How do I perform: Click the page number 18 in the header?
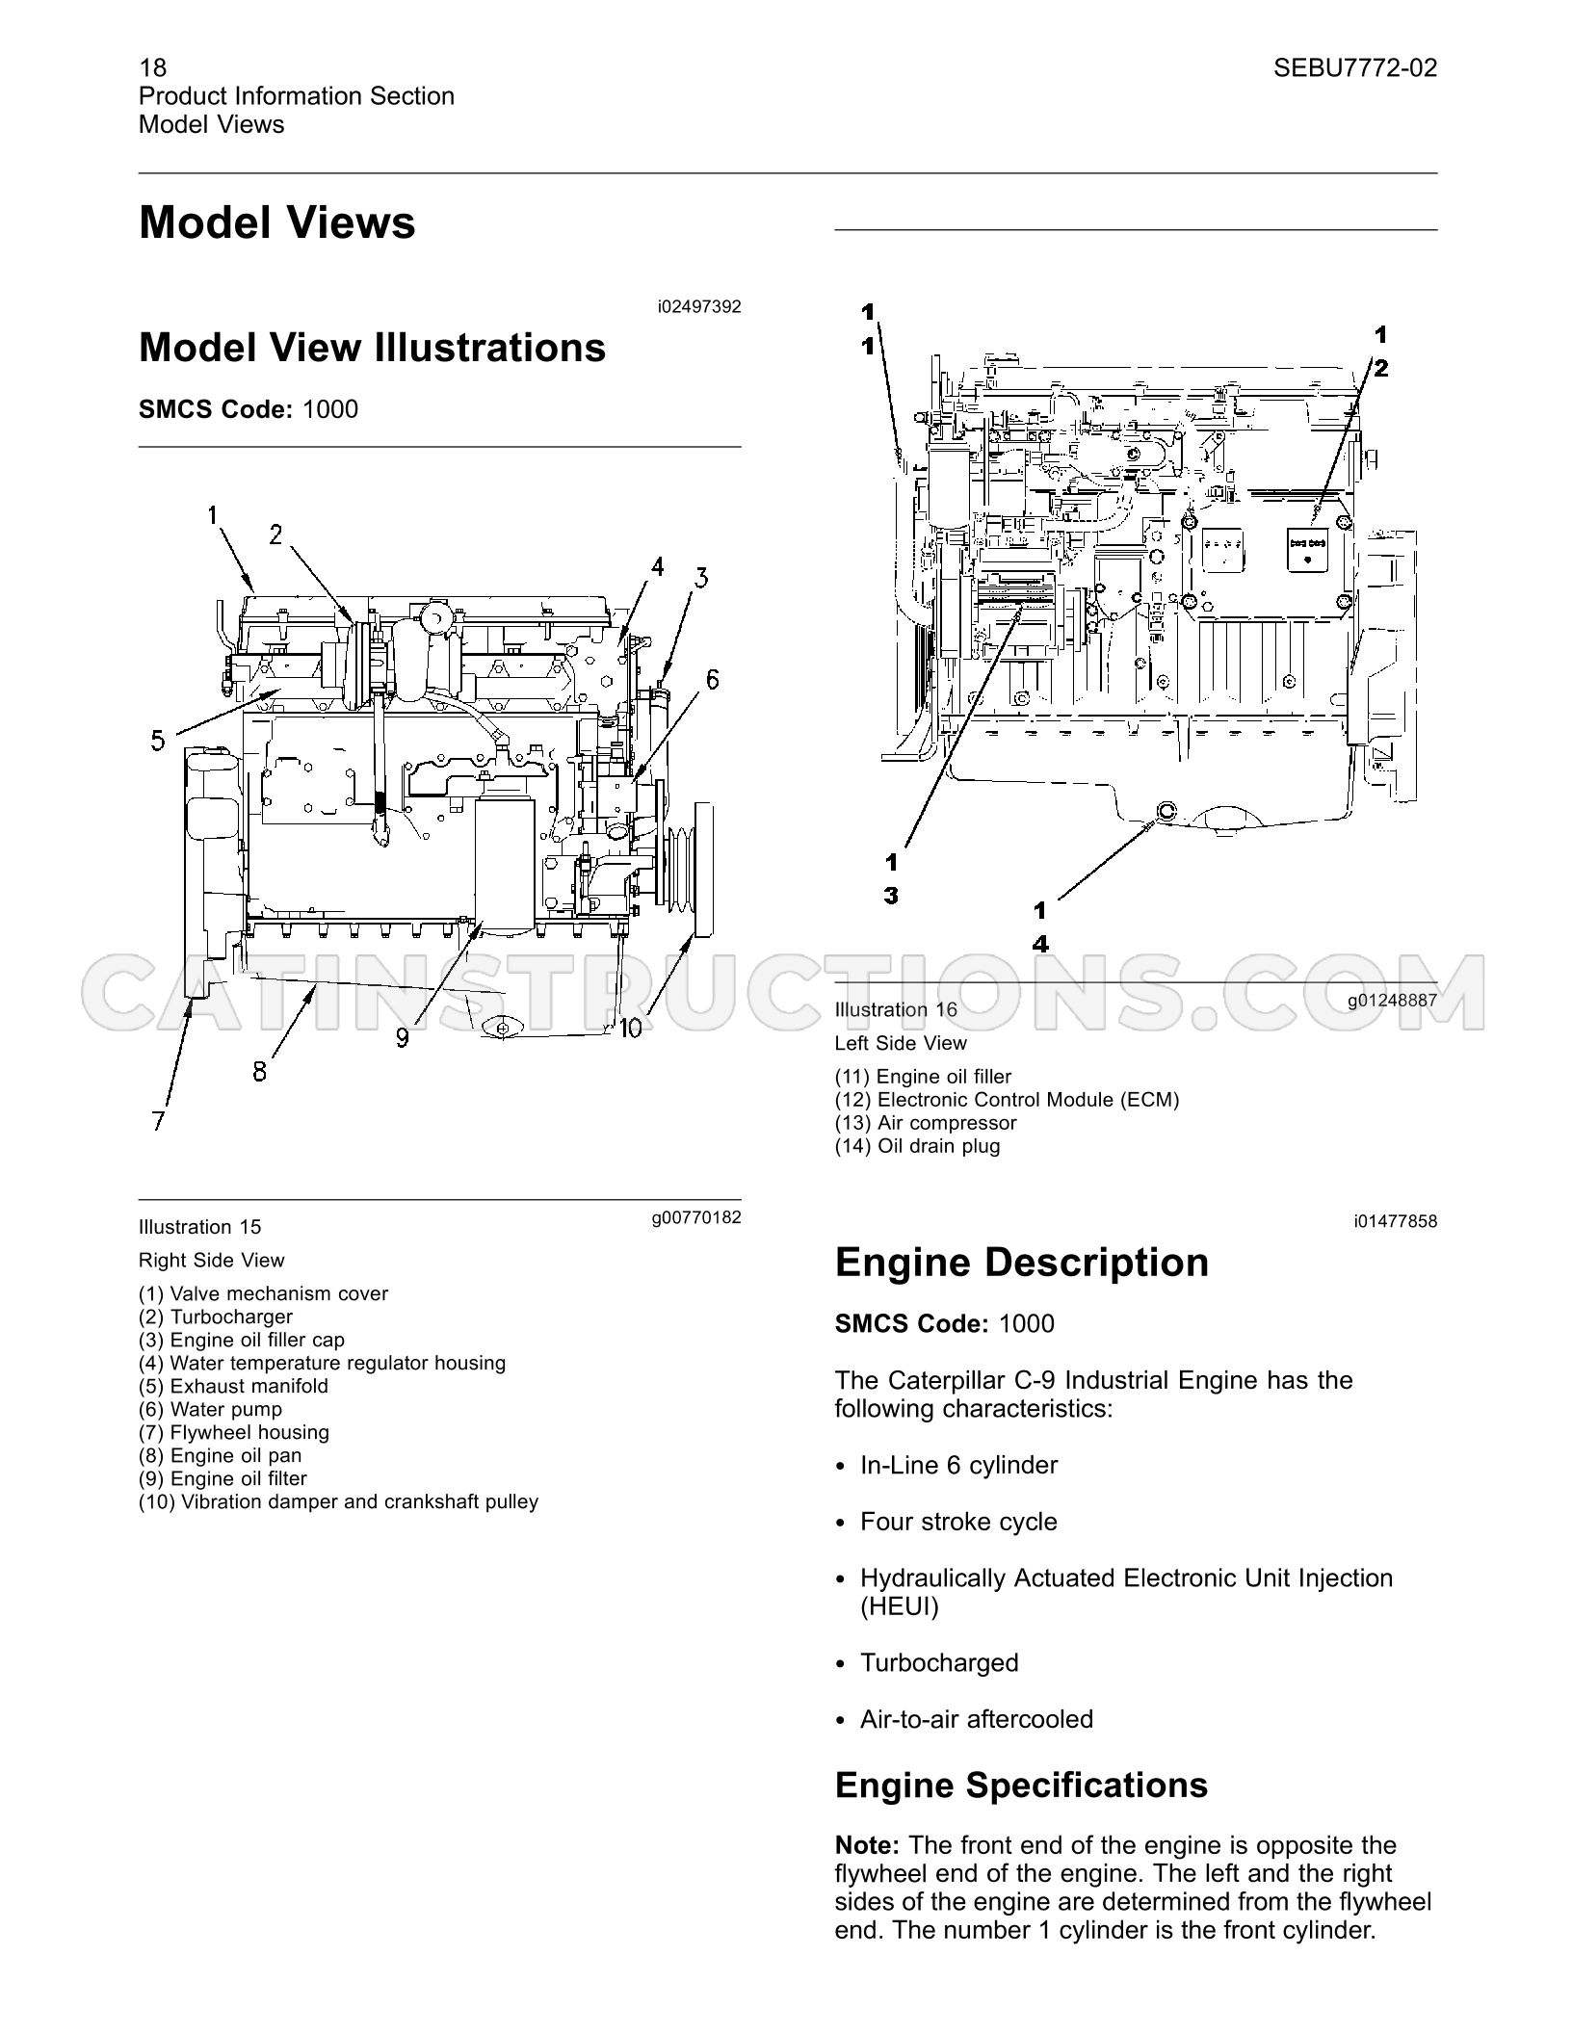click(x=152, y=67)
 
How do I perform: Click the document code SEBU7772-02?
click(x=1355, y=67)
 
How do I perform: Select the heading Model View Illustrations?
click(x=373, y=348)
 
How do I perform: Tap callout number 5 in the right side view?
click(x=158, y=741)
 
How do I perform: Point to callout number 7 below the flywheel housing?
click(x=159, y=1120)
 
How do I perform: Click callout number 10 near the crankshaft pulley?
click(x=629, y=1029)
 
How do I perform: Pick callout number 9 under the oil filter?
click(x=402, y=1036)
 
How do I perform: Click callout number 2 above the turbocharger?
click(x=276, y=535)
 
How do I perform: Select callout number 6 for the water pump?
click(x=712, y=680)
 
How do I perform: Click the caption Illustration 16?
click(x=896, y=1009)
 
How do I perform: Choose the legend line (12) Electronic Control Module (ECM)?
click(x=1007, y=1100)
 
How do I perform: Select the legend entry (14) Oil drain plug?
click(x=917, y=1146)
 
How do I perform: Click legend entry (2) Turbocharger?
click(x=216, y=1317)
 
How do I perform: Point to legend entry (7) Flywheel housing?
click(x=234, y=1432)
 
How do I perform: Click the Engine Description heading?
click(x=1022, y=1262)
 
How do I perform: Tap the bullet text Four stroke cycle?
click(x=958, y=1522)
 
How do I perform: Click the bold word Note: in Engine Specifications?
click(x=867, y=1846)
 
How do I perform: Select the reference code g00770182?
click(x=696, y=1217)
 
